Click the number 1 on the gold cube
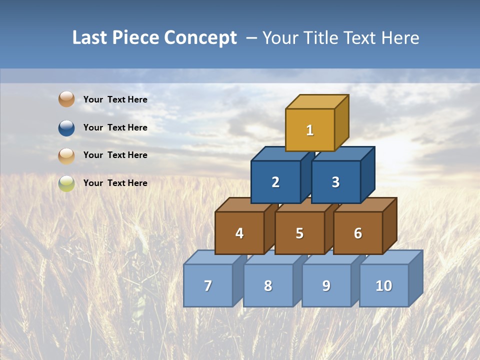310,130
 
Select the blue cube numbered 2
275,182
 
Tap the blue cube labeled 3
335,182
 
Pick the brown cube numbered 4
239,233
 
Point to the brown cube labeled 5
299,233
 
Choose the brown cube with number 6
358,233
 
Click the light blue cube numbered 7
208,286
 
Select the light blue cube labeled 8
268,286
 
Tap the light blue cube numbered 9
326,286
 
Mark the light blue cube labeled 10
384,286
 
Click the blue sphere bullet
66,128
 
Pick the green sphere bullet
66,183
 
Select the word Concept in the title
200,37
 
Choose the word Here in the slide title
400,37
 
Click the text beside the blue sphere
115,127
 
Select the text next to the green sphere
115,183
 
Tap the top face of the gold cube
317,101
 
